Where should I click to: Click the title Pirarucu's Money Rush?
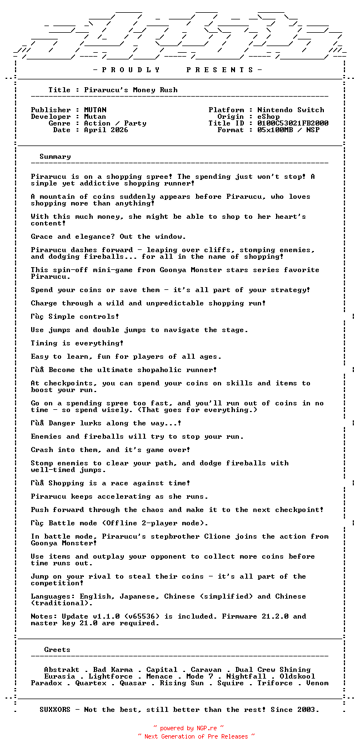(x=131, y=90)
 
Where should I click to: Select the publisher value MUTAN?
(x=95, y=110)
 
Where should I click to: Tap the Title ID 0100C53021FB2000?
(x=293, y=123)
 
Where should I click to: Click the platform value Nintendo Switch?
(x=291, y=110)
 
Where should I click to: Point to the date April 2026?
(x=106, y=130)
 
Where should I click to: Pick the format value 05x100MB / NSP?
(x=288, y=130)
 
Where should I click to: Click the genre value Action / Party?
(x=115, y=123)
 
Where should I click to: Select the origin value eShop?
(x=268, y=117)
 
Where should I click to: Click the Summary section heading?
(x=55, y=157)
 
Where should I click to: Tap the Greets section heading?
(x=57, y=650)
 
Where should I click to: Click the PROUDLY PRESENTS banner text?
(x=177, y=70)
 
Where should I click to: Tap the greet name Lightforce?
(x=111, y=676)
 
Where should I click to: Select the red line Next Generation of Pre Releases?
(x=196, y=736)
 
